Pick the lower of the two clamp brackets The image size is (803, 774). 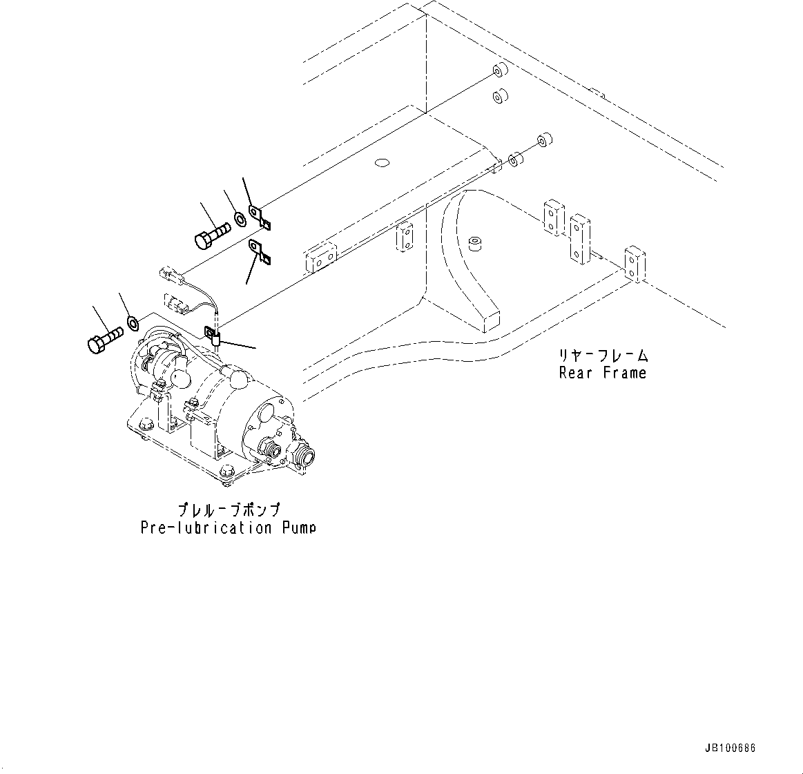point(260,252)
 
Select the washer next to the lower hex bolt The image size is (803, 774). point(133,322)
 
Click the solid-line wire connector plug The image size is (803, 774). point(172,275)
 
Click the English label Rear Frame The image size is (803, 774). point(602,373)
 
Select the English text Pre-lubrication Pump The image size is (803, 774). point(228,528)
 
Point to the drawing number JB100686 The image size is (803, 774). point(731,748)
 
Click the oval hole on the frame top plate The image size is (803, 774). point(381,164)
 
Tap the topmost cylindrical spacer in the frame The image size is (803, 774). point(499,72)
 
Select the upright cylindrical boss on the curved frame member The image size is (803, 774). point(474,244)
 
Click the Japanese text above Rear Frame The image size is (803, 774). point(603,356)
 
